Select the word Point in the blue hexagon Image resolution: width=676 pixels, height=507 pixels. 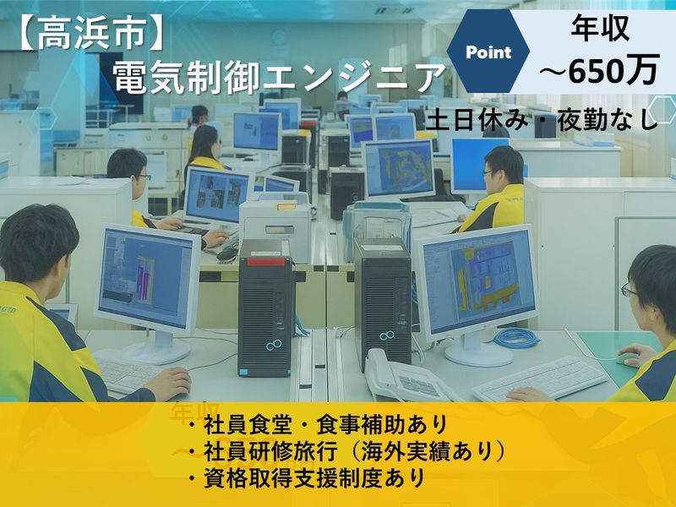coord(488,52)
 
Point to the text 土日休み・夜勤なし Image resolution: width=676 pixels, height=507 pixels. coord(542,119)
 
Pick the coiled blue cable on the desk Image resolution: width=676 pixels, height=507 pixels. coord(516,337)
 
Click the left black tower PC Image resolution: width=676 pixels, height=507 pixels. coord(266,308)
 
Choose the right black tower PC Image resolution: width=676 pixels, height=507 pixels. coord(382,303)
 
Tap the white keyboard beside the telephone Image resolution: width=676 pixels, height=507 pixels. coord(541,378)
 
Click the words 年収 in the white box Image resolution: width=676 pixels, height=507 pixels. coord(599,31)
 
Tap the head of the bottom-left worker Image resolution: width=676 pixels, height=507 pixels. coord(38,245)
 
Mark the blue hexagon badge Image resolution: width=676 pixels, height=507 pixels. coord(488,52)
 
